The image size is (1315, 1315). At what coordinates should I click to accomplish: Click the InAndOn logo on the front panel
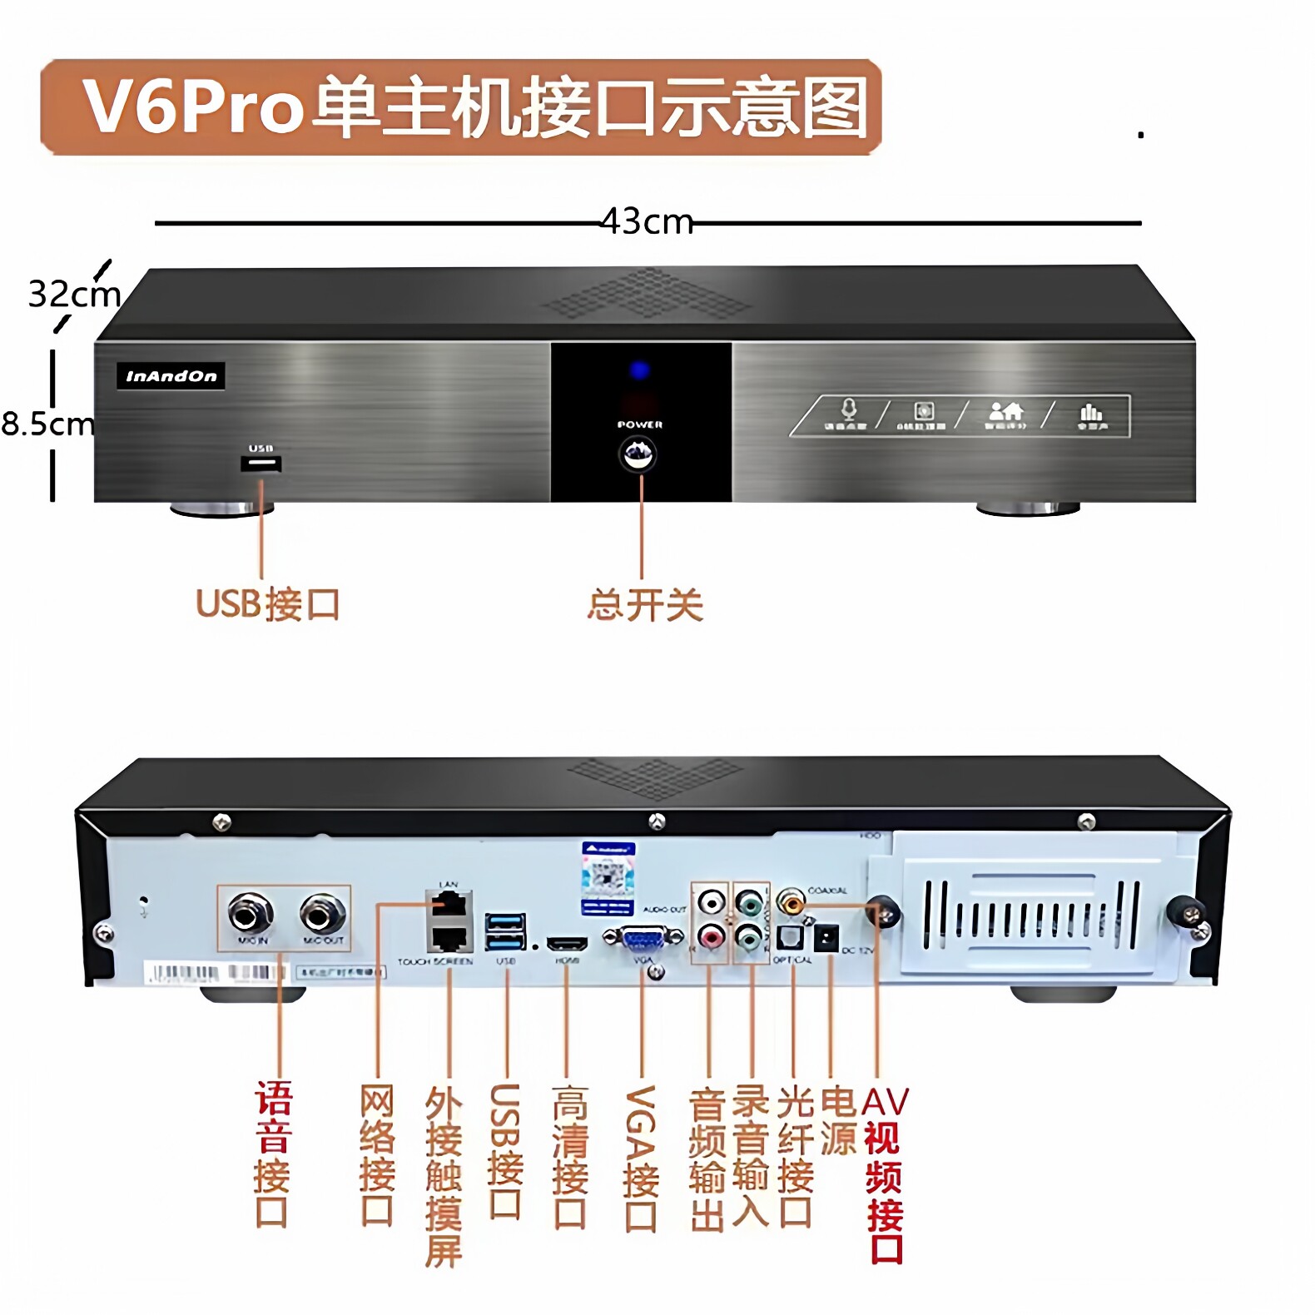tap(171, 376)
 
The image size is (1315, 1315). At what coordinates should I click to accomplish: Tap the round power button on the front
tap(639, 454)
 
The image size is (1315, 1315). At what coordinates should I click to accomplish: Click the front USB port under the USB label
tap(261, 464)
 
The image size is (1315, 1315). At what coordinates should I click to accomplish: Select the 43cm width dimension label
tap(647, 222)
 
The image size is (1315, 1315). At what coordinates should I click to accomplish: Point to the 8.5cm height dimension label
tap(47, 424)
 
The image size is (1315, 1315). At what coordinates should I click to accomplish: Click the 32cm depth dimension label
tap(73, 294)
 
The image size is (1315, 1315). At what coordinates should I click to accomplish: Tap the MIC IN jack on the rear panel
tap(251, 914)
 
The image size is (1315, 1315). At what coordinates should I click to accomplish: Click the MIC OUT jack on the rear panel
tap(322, 914)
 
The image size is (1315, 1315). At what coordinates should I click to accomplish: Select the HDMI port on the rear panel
tap(567, 945)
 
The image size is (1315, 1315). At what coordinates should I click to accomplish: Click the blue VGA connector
tap(642, 938)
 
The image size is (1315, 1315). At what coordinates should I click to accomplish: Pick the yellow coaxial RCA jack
tap(790, 901)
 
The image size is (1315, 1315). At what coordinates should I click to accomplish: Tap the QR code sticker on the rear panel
tap(608, 877)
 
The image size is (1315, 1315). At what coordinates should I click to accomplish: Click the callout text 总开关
tap(645, 605)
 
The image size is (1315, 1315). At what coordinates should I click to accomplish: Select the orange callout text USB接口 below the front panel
tap(268, 605)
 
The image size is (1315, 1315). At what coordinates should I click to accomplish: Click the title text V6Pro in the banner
tap(193, 107)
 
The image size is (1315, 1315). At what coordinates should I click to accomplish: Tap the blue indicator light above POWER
tap(639, 370)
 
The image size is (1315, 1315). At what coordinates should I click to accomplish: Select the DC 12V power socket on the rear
tap(825, 939)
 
